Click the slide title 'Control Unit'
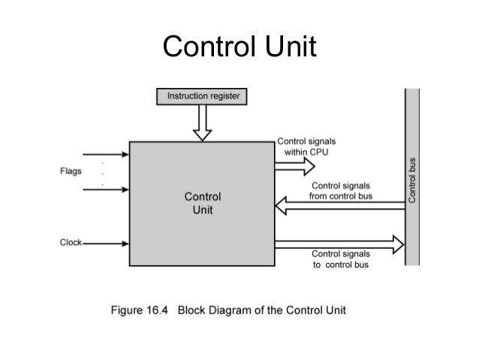click(239, 46)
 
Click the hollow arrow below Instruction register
click(202, 123)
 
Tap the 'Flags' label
click(71, 171)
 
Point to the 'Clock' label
click(71, 243)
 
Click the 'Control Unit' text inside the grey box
click(203, 203)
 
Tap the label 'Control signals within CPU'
click(306, 146)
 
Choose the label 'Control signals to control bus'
click(340, 259)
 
